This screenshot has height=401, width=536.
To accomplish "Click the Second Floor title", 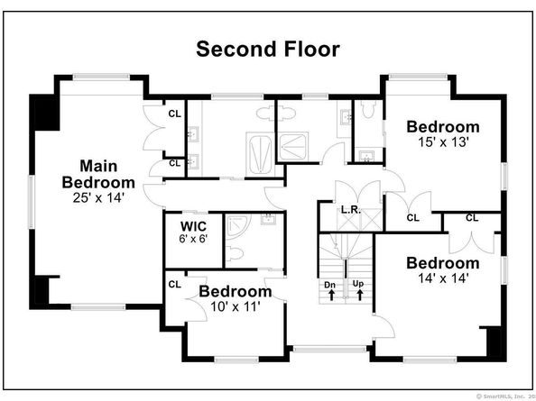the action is [x=268, y=49].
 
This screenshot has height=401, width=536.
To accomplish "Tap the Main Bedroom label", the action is [x=98, y=174].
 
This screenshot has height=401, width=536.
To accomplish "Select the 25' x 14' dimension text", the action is [x=98, y=197].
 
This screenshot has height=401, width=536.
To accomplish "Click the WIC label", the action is [x=193, y=226].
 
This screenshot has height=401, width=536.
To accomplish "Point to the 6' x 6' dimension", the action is [x=193, y=239].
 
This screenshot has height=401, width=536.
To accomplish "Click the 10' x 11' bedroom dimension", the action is [x=236, y=306].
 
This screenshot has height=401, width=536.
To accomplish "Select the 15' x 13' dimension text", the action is [x=443, y=142].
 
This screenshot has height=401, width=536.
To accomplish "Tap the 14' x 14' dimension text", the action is [x=443, y=278].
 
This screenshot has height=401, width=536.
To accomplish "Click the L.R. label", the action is [x=351, y=210].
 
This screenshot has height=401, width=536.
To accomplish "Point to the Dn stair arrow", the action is [x=331, y=295].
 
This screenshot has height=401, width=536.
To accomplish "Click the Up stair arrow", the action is [x=359, y=295].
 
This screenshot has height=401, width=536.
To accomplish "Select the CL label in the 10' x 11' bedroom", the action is [x=175, y=284].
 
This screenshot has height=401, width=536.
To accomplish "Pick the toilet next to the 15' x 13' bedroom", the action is [x=367, y=109].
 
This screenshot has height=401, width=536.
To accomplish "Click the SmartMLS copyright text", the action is [x=505, y=396].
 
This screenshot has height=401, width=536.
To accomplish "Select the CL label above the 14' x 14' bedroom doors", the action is [x=472, y=217].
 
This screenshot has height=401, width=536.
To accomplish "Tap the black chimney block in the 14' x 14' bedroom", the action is [x=494, y=342].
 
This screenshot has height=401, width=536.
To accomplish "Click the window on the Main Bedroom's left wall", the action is [x=32, y=202].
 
